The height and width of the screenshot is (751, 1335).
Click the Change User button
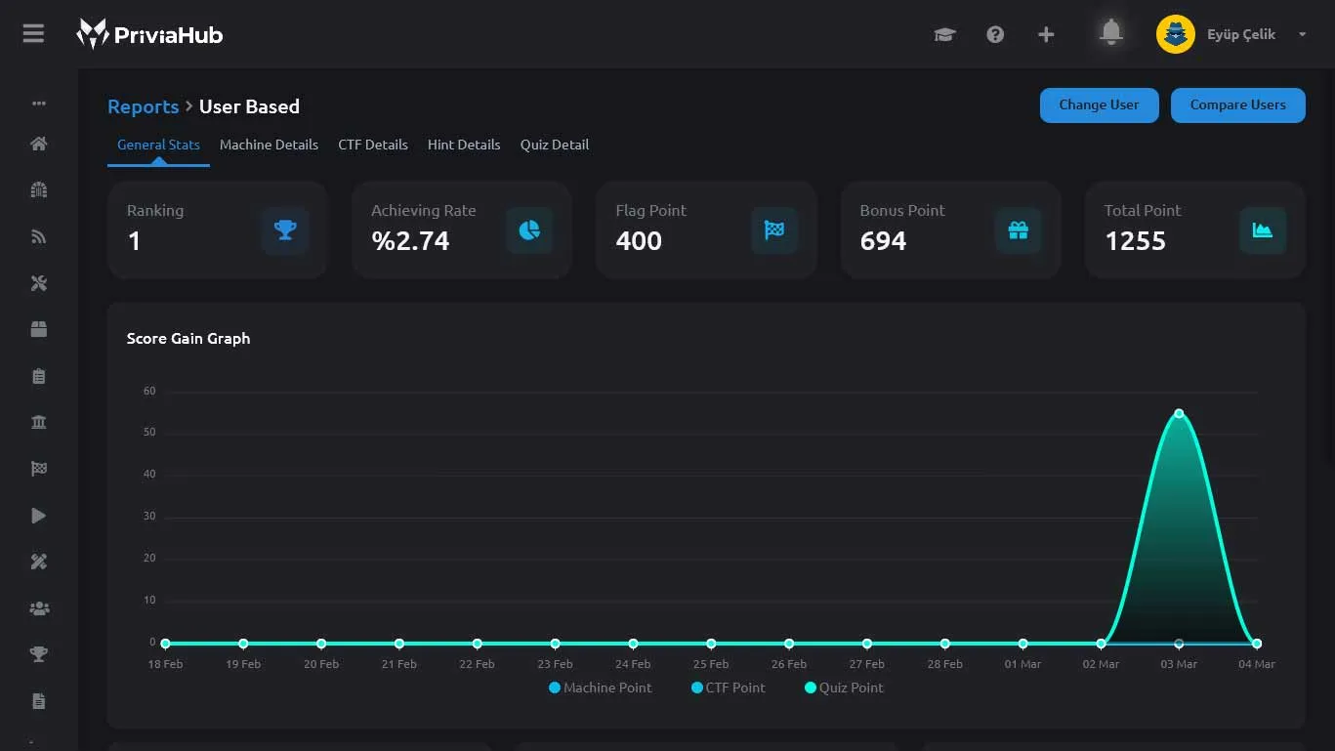coord(1099,105)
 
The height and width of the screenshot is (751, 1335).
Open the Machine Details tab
coord(269,145)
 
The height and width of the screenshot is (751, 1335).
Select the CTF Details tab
coord(373,145)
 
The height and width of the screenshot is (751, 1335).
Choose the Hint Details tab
coord(464,145)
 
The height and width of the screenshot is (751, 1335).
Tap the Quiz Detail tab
coord(555,145)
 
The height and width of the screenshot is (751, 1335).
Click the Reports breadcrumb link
coord(143,106)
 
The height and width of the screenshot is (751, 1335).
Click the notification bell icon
coord(1111,32)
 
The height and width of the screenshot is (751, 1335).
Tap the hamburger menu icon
coord(33,33)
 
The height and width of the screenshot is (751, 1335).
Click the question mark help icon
coord(995,34)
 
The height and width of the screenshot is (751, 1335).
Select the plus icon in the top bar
coord(1046,34)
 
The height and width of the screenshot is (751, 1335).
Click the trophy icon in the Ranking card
coord(285,230)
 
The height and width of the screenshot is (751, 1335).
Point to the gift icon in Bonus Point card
coord(1018,230)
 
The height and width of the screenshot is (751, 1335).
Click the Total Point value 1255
coord(1135,241)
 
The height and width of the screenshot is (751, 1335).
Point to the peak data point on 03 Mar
coord(1179,414)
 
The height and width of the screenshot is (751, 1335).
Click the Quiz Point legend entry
coord(844,688)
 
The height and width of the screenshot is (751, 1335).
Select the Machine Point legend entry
coord(601,688)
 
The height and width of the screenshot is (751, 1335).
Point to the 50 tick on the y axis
coord(149,432)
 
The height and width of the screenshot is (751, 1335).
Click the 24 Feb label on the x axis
coord(633,664)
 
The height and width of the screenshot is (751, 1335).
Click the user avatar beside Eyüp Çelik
coord(1175,34)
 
